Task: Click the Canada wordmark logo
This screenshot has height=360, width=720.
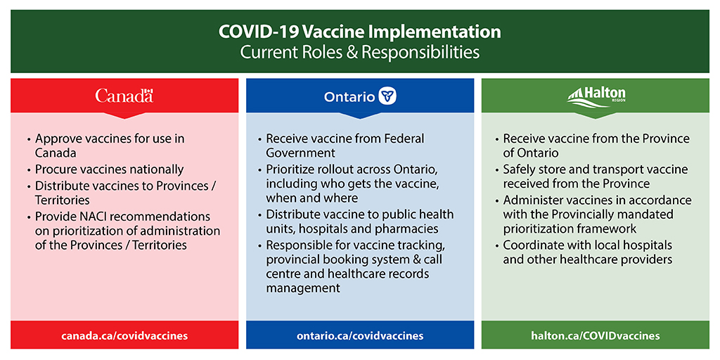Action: coord(124,96)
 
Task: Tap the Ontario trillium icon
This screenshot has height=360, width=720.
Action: coord(387,96)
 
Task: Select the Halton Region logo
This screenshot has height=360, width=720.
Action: coord(596,96)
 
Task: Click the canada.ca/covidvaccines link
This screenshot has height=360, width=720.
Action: coord(124,335)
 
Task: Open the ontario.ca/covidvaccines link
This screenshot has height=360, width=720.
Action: coord(360,335)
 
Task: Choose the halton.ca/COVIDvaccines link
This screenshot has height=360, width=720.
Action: coord(596,335)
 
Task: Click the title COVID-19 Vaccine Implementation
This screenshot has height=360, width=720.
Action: coord(359,32)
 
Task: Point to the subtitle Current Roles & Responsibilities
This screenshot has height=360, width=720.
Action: coord(359,52)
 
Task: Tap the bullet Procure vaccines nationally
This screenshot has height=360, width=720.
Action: coord(109,169)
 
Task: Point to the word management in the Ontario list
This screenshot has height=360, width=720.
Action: coord(303,288)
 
